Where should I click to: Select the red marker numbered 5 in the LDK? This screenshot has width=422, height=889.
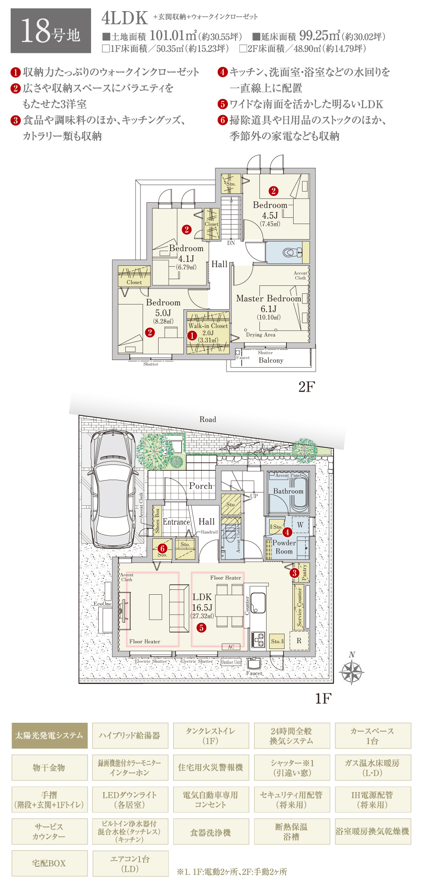click(202, 628)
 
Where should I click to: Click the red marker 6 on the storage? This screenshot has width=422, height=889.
click(162, 549)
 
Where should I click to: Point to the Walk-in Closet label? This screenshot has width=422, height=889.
click(208, 326)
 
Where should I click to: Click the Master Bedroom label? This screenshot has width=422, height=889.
click(268, 299)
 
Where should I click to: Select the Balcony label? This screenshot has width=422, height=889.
click(271, 360)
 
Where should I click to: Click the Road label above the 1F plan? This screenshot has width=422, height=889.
click(207, 419)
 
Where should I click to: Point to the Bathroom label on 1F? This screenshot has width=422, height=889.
click(288, 491)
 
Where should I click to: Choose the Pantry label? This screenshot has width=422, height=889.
click(304, 573)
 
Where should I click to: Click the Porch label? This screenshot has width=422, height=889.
click(201, 486)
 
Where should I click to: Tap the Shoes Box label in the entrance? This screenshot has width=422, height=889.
click(157, 521)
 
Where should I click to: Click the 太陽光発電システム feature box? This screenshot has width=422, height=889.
click(49, 736)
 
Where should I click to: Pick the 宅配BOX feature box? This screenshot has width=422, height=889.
click(49, 863)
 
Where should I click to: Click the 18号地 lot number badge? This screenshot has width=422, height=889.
click(51, 31)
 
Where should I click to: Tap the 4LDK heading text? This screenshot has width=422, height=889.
click(124, 18)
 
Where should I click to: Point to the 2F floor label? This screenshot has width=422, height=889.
click(307, 387)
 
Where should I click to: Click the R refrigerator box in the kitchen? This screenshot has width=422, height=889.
click(299, 641)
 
